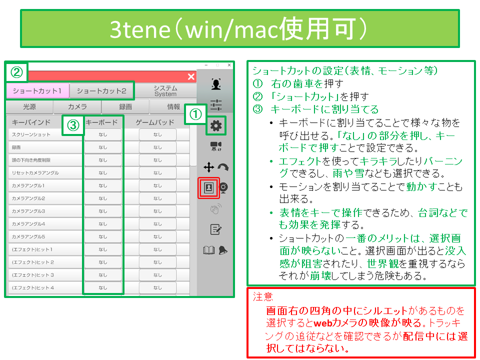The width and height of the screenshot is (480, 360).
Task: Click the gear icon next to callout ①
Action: (x=216, y=125)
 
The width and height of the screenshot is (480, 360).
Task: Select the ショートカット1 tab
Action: (x=37, y=91)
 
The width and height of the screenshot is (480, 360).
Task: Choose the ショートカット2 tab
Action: (x=101, y=91)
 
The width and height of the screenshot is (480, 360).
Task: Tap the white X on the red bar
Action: (x=191, y=76)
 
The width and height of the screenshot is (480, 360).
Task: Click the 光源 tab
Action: (x=29, y=106)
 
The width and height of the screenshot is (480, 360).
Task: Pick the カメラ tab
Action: (x=77, y=106)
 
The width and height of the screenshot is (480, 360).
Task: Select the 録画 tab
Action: (x=125, y=106)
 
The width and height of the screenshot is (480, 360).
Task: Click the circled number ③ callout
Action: (x=73, y=125)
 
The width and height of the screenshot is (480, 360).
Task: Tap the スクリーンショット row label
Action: (x=31, y=134)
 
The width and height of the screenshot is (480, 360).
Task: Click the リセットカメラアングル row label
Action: (x=35, y=173)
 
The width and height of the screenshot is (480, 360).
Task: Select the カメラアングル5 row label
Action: (x=28, y=236)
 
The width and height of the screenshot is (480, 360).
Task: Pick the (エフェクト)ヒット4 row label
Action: (x=32, y=288)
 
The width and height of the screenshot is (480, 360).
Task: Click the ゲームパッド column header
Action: (x=155, y=122)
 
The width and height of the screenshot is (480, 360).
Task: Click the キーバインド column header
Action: (x=31, y=122)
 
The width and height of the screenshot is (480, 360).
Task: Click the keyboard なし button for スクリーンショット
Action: (x=103, y=134)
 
